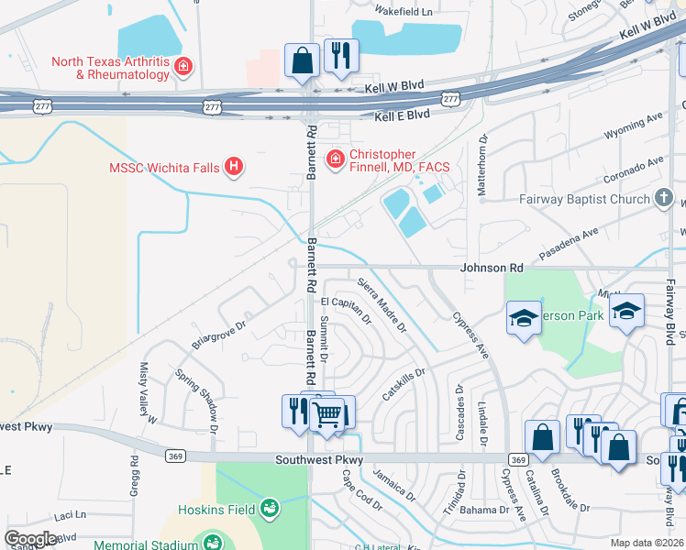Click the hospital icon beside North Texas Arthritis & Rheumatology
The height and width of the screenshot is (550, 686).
pos(183,66)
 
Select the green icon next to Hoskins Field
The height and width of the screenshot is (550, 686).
pos(270,506)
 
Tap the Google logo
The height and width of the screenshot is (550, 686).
pos(30,539)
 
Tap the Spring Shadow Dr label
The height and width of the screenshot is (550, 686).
pos(197,401)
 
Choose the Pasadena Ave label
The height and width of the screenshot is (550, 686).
pos(598,244)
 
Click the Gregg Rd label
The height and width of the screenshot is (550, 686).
pos(134,479)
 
